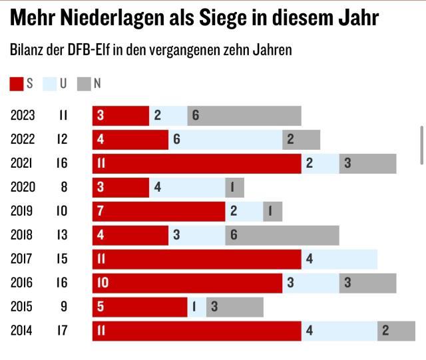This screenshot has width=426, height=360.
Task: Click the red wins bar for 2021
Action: click(x=197, y=164)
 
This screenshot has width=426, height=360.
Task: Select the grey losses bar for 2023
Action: click(x=244, y=116)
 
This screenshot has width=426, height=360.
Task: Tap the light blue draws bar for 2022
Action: click(x=226, y=140)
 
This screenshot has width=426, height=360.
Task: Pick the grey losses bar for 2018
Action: click(x=282, y=236)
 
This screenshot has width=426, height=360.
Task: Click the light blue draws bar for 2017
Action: click(x=339, y=260)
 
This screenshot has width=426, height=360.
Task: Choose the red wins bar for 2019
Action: click(x=159, y=212)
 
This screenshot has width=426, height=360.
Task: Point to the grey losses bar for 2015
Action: click(x=235, y=307)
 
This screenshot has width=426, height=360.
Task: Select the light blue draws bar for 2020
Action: click(x=188, y=188)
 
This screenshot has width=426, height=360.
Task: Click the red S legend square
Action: click(x=17, y=84)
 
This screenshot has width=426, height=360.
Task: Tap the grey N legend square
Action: click(x=84, y=84)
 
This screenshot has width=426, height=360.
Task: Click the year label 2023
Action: click(x=23, y=116)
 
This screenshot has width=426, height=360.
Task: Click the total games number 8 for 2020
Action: click(x=64, y=188)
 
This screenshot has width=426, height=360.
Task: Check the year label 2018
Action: click(x=23, y=236)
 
